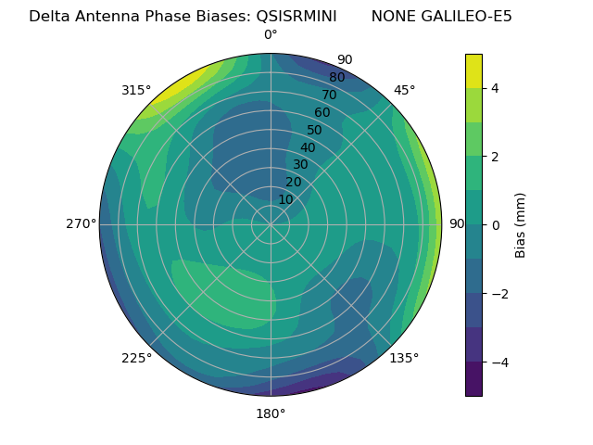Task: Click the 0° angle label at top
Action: tap(271, 35)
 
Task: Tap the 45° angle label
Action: tap(405, 90)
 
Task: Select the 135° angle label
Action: tap(404, 358)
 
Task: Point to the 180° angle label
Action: tap(271, 413)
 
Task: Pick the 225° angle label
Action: tap(136, 359)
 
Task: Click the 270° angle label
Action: tap(81, 224)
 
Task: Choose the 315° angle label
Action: tap(136, 90)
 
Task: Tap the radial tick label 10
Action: tap(285, 199)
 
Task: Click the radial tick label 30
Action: tap(300, 165)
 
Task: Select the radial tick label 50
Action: tap(315, 131)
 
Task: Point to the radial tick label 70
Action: tap(329, 95)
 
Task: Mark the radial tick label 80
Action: tap(336, 78)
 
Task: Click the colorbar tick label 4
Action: tap(496, 88)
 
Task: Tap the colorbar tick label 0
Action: tap(496, 224)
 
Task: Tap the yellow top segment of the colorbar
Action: tap(473, 70)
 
